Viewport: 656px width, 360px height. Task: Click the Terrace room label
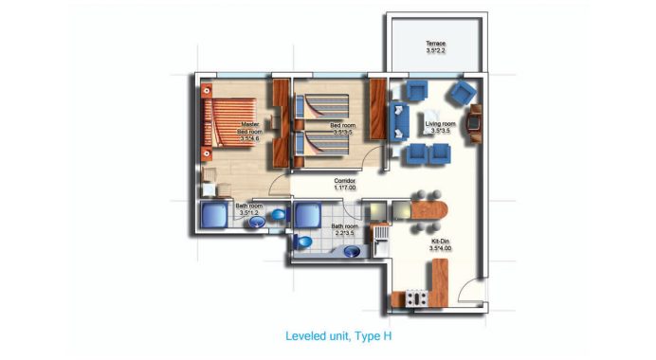[435, 44]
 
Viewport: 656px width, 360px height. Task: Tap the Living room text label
[440, 124]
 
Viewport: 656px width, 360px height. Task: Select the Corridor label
[344, 180]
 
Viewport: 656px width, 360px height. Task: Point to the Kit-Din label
[439, 241]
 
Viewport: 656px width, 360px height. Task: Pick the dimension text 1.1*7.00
[344, 189]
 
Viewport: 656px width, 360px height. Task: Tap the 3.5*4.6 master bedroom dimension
[249, 139]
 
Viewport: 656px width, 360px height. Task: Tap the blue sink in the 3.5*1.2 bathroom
[279, 216]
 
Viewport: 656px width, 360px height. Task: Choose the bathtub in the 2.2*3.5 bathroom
[309, 215]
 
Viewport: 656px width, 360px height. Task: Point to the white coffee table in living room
[422, 123]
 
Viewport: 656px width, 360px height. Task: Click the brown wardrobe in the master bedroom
[281, 121]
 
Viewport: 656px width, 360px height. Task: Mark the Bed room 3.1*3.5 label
[341, 129]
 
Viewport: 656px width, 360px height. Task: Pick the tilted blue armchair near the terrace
[461, 92]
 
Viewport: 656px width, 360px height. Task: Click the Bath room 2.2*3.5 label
[344, 229]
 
